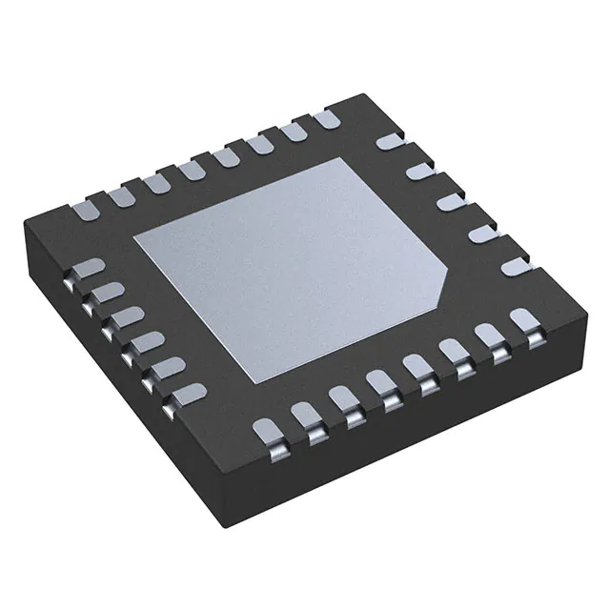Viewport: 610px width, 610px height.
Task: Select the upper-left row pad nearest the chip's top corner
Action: click(x=325, y=120)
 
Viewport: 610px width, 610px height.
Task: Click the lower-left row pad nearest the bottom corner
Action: click(x=191, y=390)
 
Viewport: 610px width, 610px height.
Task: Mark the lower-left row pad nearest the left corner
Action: click(x=86, y=270)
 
